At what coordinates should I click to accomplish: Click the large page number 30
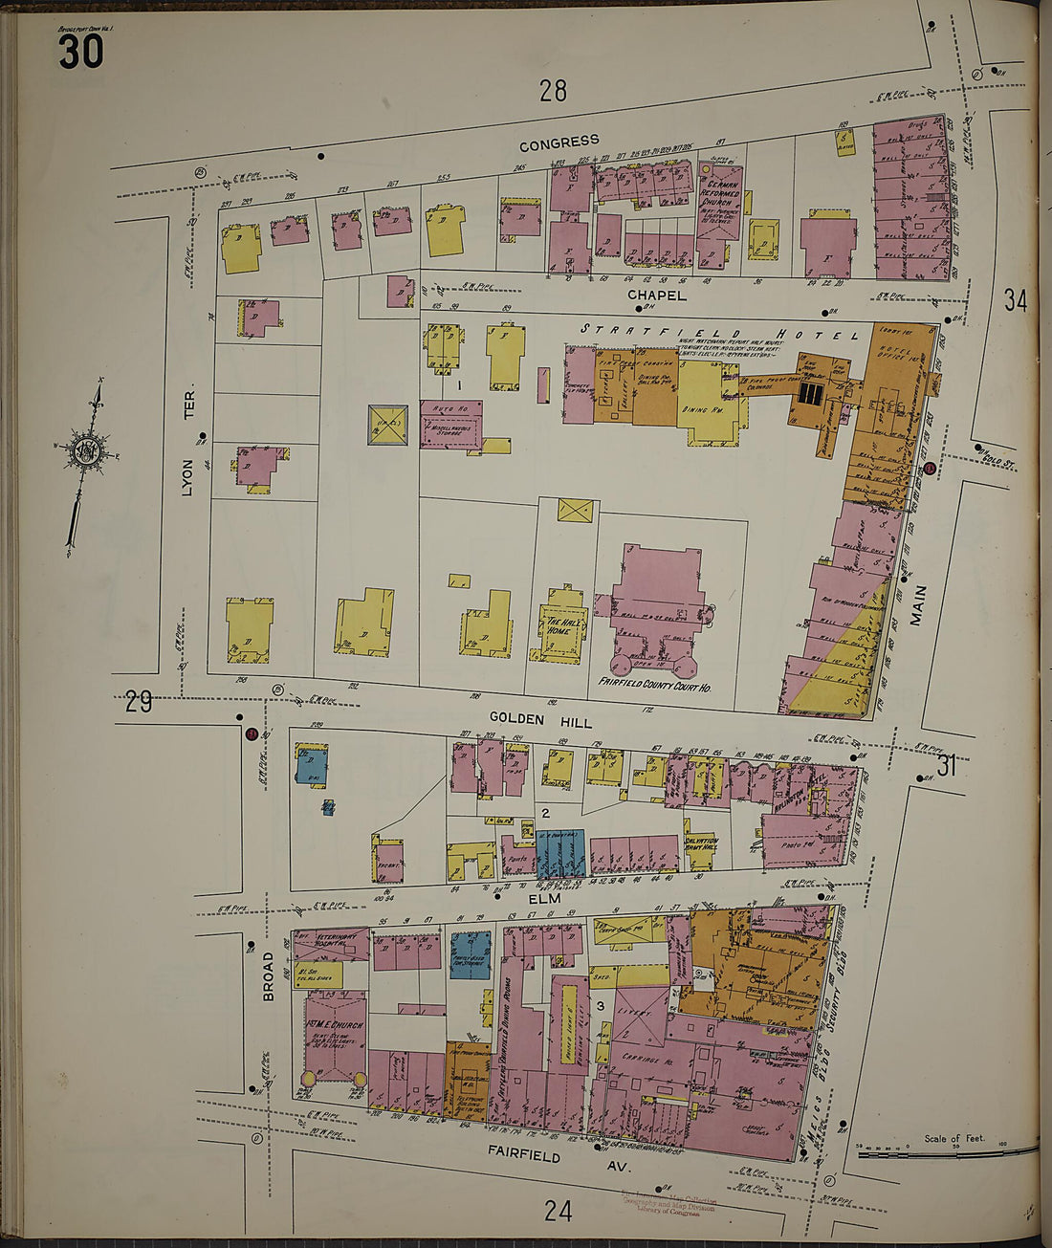(80, 51)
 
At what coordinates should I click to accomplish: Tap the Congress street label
(559, 142)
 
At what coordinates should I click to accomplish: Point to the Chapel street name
(657, 296)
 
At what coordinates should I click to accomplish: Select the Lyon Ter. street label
(188, 443)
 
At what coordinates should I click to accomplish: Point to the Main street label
(918, 605)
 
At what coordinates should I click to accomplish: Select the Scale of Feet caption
(953, 1138)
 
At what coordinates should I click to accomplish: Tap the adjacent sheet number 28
(553, 91)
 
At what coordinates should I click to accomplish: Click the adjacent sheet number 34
(1015, 300)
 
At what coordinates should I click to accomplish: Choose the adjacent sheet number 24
(558, 1211)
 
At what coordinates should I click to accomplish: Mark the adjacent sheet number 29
(139, 702)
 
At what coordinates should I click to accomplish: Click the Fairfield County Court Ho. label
(654, 686)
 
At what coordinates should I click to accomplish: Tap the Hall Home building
(558, 625)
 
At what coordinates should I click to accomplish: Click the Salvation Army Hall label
(701, 843)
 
